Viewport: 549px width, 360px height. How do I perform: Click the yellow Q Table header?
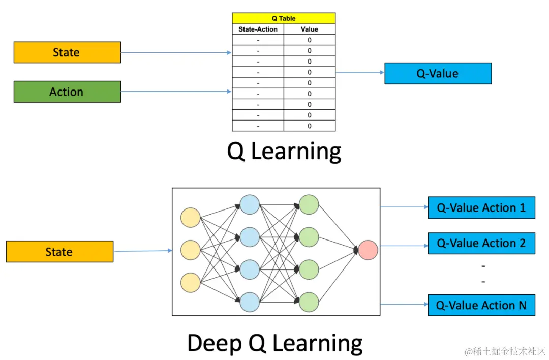284,18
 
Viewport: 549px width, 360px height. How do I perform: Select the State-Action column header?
258,29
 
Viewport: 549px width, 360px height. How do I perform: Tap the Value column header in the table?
309,29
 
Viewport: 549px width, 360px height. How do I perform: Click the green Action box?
67,92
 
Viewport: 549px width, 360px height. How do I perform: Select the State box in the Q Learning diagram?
67,52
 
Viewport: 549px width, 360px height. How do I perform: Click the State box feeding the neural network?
59,252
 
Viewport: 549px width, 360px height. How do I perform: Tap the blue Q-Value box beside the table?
438,74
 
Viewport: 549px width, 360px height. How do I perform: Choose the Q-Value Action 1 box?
481,208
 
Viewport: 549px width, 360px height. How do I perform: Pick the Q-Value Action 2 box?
481,244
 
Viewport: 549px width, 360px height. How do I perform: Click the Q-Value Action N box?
481,306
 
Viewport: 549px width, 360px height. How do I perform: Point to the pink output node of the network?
368,250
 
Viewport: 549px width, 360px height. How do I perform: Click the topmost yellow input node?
191,218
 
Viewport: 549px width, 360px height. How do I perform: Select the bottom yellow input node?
191,283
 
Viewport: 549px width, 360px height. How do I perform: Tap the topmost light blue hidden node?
250,205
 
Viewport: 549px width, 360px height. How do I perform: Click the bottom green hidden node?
309,302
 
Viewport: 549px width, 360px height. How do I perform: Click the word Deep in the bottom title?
213,343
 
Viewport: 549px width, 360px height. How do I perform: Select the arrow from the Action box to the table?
176,92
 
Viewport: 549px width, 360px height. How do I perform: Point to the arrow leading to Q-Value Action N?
404,304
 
